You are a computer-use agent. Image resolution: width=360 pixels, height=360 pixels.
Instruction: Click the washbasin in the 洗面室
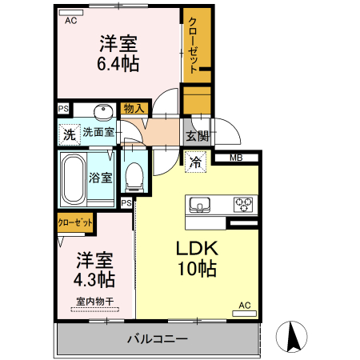102,112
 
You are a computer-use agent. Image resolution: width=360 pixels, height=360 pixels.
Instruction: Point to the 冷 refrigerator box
195,161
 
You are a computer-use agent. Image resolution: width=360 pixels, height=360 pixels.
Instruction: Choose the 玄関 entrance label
198,135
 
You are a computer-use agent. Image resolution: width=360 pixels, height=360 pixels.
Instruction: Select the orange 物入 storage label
134,108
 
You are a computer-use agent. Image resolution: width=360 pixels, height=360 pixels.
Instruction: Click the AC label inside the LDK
246,305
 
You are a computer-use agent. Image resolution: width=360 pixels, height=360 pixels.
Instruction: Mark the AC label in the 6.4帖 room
70,21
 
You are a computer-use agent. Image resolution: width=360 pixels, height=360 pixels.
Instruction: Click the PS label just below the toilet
126,203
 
